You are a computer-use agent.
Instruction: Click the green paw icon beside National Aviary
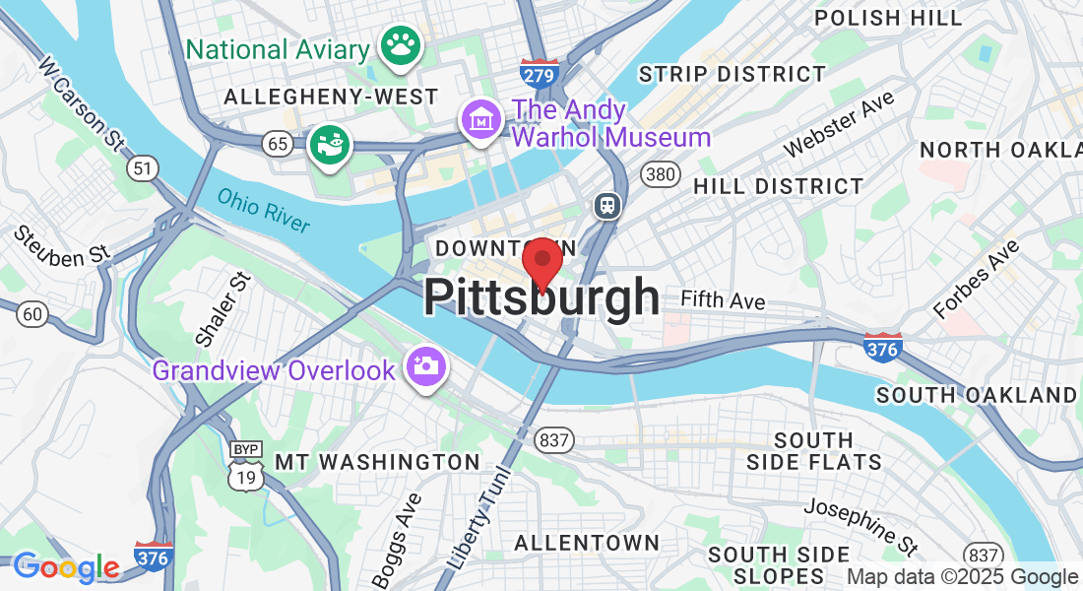click(400, 44)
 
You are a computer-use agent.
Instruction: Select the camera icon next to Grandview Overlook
click(427, 366)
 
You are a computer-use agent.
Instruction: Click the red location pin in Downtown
click(541, 262)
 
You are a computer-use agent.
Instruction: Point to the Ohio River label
click(264, 210)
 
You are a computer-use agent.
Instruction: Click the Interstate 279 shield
click(540, 71)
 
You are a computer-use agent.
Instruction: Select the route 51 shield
click(143, 168)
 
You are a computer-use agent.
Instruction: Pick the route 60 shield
click(32, 314)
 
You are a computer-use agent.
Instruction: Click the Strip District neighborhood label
click(732, 74)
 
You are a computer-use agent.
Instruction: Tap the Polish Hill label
click(888, 18)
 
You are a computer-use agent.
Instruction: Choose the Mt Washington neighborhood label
click(377, 462)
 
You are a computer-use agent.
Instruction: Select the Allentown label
click(587, 543)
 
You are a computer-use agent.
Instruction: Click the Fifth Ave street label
click(723, 300)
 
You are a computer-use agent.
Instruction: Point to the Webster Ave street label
click(839, 123)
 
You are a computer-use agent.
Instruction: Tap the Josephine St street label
click(860, 524)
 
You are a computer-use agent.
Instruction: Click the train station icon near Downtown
click(605, 205)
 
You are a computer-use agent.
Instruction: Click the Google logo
click(66, 566)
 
